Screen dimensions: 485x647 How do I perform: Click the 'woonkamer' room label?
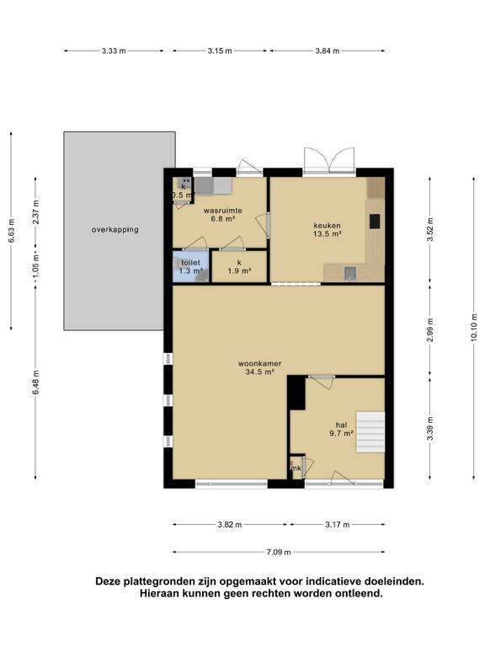[x=260, y=364]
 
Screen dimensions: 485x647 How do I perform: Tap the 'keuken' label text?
[x=327, y=225]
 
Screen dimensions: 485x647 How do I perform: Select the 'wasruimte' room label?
[x=222, y=211]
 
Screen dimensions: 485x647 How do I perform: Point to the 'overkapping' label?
[x=115, y=229]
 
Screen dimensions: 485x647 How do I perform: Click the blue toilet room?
[x=190, y=266]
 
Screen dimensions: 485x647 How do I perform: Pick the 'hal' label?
[x=341, y=425]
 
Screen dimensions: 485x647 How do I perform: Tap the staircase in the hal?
[x=370, y=431]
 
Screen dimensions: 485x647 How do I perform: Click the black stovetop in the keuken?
[x=375, y=221]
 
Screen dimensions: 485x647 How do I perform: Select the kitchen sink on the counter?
[x=350, y=273]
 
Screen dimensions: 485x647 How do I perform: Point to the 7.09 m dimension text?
[x=279, y=552]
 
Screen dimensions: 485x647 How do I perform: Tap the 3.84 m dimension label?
[x=328, y=51]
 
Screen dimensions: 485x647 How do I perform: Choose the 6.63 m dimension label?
[x=11, y=231]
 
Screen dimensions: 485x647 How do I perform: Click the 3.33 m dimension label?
[x=114, y=51]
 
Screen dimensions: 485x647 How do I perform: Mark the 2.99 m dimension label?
[x=430, y=330]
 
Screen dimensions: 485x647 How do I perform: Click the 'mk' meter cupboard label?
[x=296, y=468]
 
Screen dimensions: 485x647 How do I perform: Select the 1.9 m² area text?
[x=240, y=271]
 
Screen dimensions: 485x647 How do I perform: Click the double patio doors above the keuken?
[x=329, y=160]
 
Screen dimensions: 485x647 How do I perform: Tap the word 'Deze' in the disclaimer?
[x=109, y=581]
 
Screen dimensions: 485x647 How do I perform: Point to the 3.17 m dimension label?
[x=338, y=525]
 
